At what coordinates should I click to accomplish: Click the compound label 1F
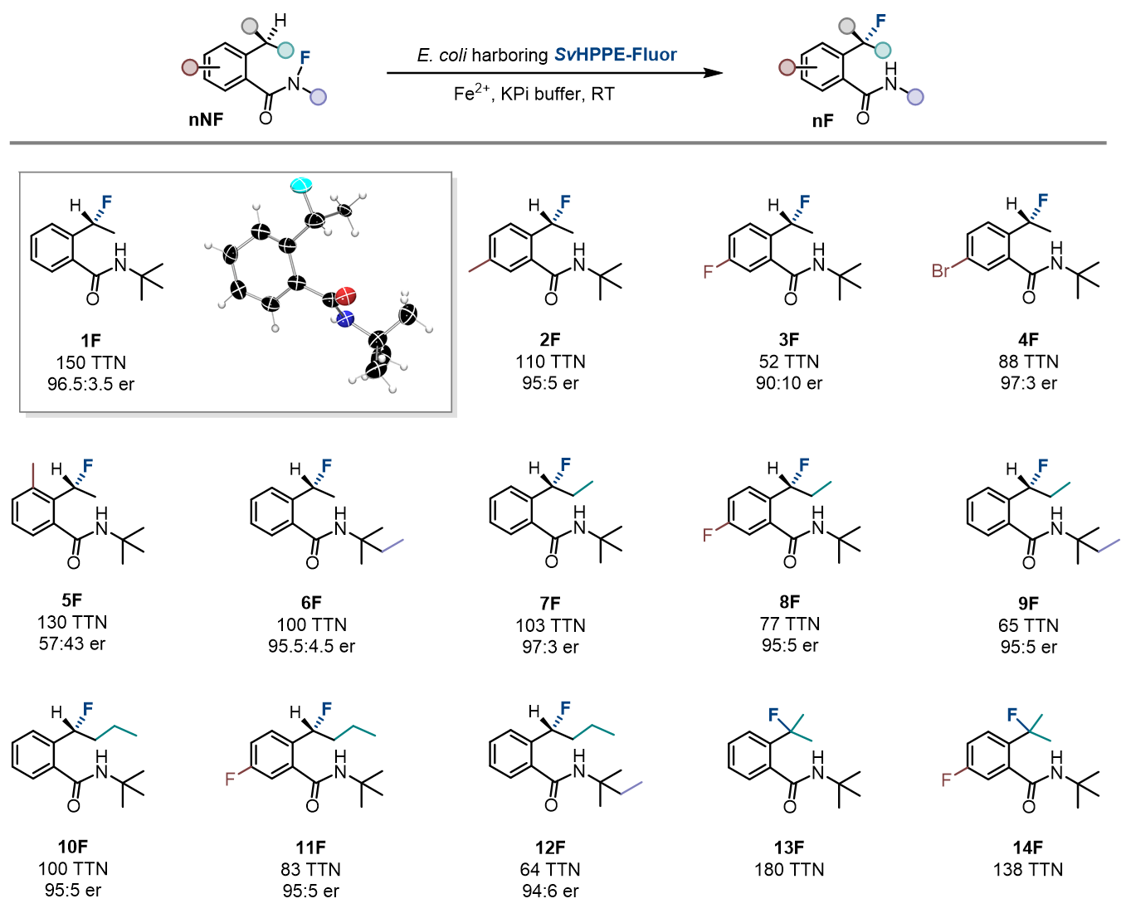click(90, 340)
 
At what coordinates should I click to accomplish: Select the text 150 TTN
click(90, 362)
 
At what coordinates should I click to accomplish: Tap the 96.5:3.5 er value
click(90, 384)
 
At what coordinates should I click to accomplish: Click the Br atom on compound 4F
click(940, 271)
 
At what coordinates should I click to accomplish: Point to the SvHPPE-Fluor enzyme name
click(615, 55)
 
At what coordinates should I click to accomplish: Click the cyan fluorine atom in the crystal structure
click(300, 184)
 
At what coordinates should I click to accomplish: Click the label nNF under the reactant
click(206, 119)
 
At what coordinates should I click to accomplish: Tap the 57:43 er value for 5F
click(72, 644)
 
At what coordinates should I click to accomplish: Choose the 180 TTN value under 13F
click(789, 869)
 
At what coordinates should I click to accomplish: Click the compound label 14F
click(1027, 848)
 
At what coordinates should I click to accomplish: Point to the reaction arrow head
click(713, 73)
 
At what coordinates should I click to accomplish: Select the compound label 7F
click(550, 603)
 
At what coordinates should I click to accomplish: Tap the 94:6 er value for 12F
click(550, 891)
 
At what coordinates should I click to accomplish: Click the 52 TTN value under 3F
click(788, 362)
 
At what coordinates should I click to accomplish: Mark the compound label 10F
click(72, 847)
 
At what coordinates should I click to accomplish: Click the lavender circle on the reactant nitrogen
click(318, 97)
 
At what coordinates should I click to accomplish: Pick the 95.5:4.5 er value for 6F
click(311, 646)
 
